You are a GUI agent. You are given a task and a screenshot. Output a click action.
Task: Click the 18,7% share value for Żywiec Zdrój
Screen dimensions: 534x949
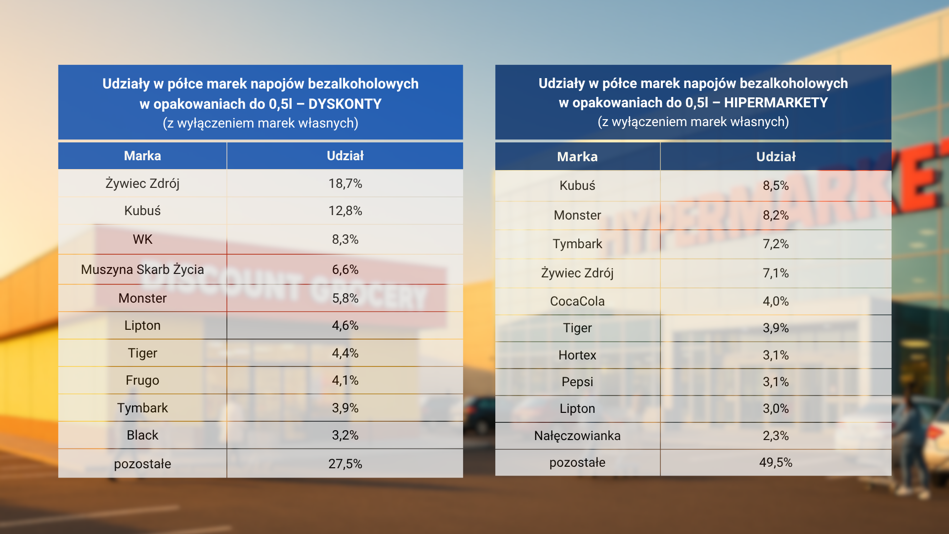[345, 183]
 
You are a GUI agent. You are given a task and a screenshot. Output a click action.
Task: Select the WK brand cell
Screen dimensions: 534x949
[142, 239]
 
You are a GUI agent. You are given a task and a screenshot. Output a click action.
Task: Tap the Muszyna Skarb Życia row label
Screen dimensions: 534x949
[142, 269]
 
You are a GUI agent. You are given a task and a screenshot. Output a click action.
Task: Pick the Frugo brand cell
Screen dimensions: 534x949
[142, 380]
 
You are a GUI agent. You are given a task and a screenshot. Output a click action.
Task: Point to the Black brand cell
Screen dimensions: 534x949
[142, 435]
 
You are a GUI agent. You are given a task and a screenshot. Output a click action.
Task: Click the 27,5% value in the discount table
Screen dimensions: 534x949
[345, 464]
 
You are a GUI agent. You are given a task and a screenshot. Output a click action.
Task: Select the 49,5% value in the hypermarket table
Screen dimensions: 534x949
[776, 462]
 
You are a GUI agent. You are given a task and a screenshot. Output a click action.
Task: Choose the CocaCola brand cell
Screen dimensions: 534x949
[577, 301]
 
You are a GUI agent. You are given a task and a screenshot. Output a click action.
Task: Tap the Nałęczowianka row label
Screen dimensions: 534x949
[577, 436]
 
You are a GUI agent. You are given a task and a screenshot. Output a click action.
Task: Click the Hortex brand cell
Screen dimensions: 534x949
[577, 355]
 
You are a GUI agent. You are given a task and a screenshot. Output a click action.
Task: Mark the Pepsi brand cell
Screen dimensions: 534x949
[577, 382]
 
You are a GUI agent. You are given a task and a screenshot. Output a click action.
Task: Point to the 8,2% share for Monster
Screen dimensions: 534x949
[776, 215]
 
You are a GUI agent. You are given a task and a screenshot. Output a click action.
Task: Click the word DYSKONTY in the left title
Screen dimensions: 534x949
[345, 104]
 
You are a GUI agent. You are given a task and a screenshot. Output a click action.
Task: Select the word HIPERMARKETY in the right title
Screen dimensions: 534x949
[776, 102]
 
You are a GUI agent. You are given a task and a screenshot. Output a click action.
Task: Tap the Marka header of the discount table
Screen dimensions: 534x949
[142, 156]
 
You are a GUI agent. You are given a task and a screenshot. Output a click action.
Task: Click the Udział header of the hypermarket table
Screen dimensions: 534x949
[776, 157]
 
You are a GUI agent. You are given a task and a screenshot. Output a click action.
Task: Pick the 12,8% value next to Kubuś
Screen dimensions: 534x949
[345, 211]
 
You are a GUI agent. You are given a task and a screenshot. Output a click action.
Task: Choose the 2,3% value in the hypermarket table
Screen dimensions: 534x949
[776, 436]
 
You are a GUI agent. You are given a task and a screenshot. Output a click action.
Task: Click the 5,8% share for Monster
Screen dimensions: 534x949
[345, 298]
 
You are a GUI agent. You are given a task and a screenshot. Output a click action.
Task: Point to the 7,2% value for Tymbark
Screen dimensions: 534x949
[776, 244]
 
